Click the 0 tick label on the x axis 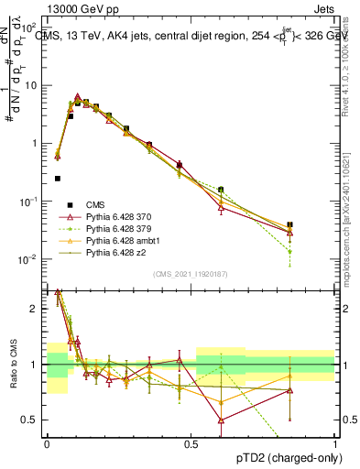[46, 443]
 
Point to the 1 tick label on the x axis [335, 443]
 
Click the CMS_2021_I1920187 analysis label [191, 274]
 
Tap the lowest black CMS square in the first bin [58, 179]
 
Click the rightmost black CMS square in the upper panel [289, 224]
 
